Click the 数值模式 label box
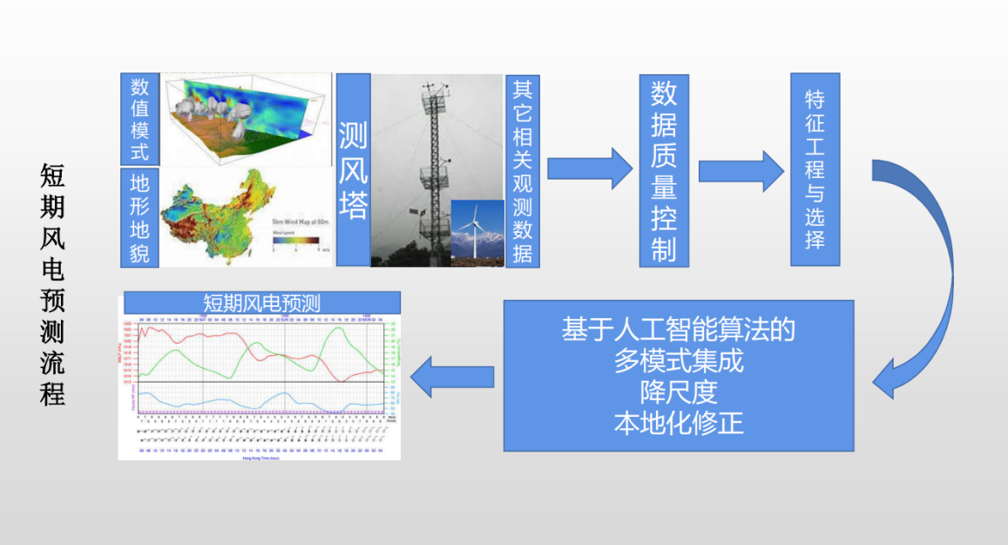(139, 119)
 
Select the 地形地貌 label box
(139, 218)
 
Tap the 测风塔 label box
(353, 170)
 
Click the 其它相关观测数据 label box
(523, 170)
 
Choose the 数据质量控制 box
(664, 170)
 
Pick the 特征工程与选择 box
(815, 170)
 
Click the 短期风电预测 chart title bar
(262, 303)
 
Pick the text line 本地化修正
(679, 423)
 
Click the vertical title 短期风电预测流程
(52, 283)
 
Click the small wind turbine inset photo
(477, 228)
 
